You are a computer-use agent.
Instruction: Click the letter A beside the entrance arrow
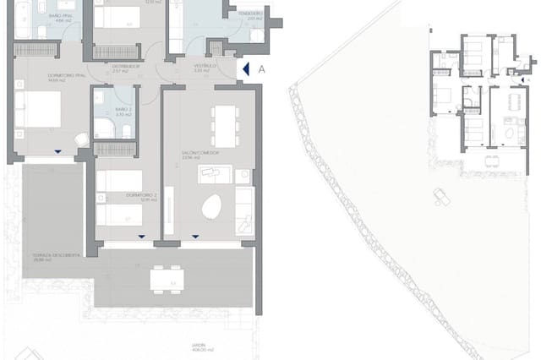coord(262,69)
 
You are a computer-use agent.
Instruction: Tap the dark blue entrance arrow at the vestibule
coord(246,69)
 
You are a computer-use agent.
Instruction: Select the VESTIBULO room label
coord(202,67)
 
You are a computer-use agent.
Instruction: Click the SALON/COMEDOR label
coord(199,155)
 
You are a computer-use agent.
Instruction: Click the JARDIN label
coord(202,347)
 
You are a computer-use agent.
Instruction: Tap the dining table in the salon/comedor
coord(224,126)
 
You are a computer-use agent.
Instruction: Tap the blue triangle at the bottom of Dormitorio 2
coord(141,237)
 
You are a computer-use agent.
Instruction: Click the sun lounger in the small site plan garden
coord(441,196)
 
